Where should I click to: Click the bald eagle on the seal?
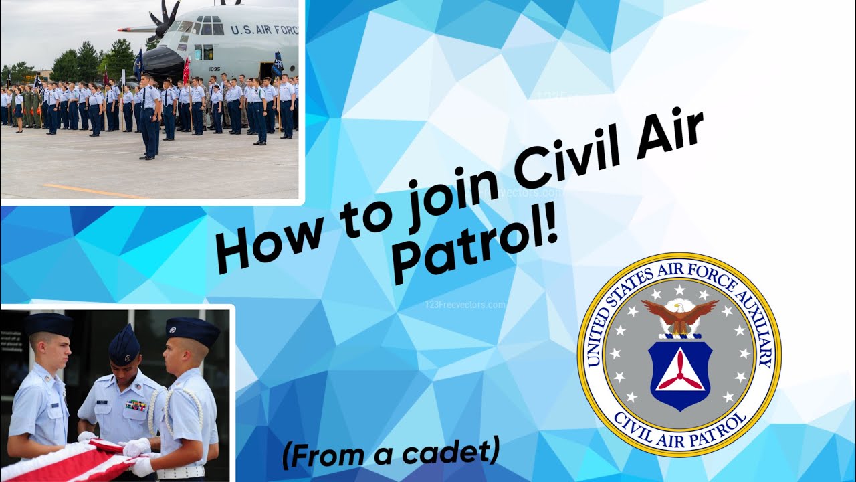pos(679,317)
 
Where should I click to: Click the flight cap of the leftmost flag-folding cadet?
pos(48,325)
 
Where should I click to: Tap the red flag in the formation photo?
pos(187,70)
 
